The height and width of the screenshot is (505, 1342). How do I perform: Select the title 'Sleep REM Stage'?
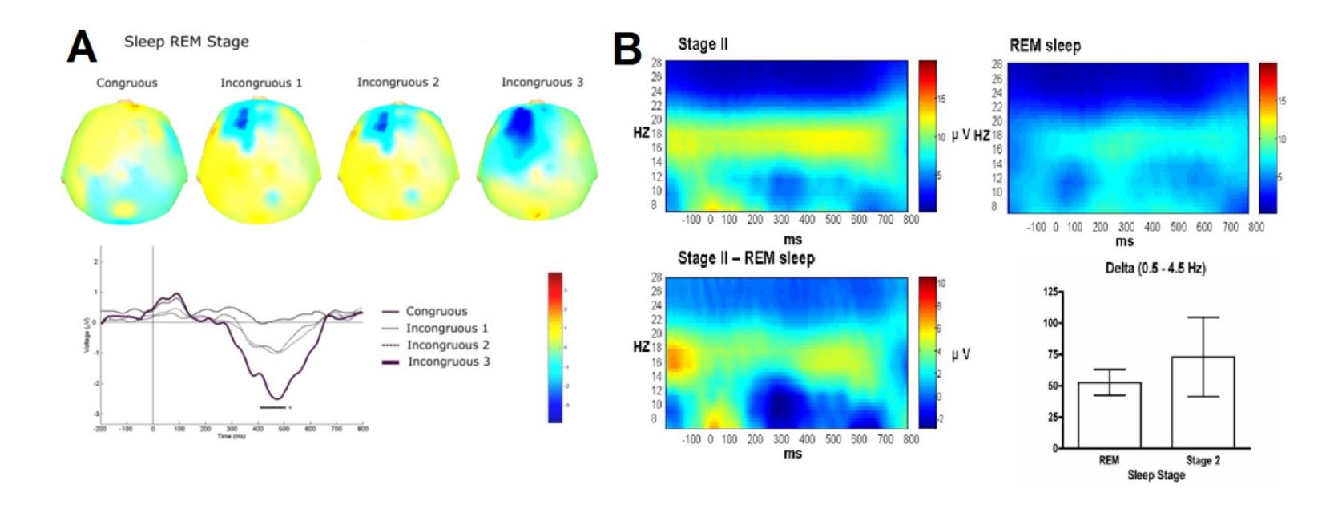[x=186, y=42]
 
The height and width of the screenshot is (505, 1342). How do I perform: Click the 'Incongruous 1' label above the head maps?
[x=261, y=83]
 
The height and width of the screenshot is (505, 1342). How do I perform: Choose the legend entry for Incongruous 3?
[x=449, y=362]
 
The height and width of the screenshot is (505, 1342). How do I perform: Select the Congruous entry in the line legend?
[x=436, y=311]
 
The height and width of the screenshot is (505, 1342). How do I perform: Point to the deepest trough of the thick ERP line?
[x=276, y=398]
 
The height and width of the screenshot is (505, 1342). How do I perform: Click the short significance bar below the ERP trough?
[x=272, y=407]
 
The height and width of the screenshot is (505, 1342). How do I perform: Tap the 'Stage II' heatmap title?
[x=703, y=44]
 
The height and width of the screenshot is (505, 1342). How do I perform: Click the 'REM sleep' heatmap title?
[x=1045, y=46]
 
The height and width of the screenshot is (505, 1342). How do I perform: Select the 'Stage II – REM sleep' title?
[x=746, y=258]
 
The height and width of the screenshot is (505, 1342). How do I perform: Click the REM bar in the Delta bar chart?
[x=1110, y=414]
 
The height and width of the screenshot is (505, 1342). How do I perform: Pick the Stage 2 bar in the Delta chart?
[x=1203, y=402]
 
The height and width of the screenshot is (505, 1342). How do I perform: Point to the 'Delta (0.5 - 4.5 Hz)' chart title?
[x=1155, y=269]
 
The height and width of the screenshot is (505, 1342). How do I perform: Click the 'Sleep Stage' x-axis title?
[x=1156, y=475]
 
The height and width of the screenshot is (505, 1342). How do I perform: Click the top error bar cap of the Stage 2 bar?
[x=1203, y=317]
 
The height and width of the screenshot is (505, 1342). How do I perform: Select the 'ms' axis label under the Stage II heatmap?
[x=792, y=239]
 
